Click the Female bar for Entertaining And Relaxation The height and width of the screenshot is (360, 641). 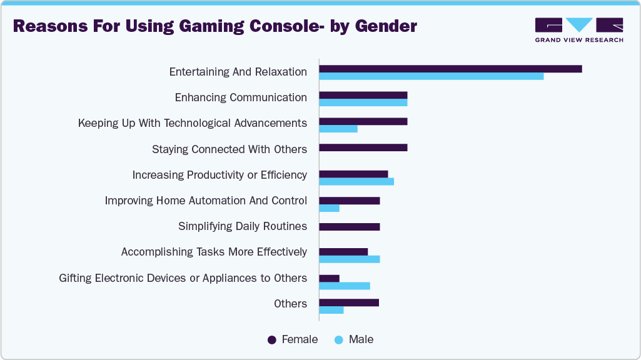point(450,69)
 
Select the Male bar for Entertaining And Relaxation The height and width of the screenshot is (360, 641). point(432,76)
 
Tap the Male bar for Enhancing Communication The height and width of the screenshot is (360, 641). point(363,102)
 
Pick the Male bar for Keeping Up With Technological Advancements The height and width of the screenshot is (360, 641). point(338,129)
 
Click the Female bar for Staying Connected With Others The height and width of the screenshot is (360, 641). point(363,147)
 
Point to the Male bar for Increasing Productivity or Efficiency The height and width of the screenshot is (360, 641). point(356,181)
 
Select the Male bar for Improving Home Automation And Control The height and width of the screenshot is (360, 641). point(330,207)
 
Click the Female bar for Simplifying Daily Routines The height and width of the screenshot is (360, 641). point(350,226)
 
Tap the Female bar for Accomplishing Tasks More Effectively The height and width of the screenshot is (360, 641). point(343,252)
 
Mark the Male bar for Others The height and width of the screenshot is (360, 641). point(331,310)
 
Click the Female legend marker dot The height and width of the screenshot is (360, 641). point(272,340)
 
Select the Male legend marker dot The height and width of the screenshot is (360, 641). point(339,340)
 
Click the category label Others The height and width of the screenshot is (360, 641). point(290,304)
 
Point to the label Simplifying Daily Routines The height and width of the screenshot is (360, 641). point(243,226)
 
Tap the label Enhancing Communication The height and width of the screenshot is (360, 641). point(241,97)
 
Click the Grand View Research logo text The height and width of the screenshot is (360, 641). point(578,40)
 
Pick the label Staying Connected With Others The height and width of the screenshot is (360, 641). point(230,149)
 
